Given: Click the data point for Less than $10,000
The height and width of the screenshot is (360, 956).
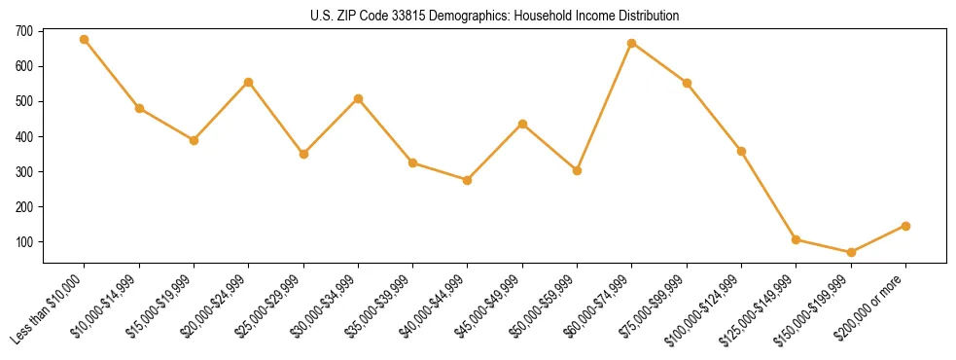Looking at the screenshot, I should tap(85, 40).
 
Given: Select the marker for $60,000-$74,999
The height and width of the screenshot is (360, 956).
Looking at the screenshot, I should tap(632, 43).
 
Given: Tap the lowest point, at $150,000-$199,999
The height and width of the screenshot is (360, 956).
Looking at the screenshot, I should tap(851, 252).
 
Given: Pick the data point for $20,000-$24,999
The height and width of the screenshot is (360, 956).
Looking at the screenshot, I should tap(249, 83).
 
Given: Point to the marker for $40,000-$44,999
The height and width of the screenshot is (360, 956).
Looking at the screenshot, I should tap(468, 180).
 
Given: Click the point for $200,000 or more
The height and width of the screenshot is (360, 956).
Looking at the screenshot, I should tap(905, 226).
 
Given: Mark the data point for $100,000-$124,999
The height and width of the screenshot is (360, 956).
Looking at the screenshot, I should tap(741, 151).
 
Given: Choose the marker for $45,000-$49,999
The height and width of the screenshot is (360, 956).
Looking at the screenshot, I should tap(522, 124).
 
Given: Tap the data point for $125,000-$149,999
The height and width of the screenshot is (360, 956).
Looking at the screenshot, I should tap(796, 239).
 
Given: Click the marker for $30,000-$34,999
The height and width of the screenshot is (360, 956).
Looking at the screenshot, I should tap(358, 98).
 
